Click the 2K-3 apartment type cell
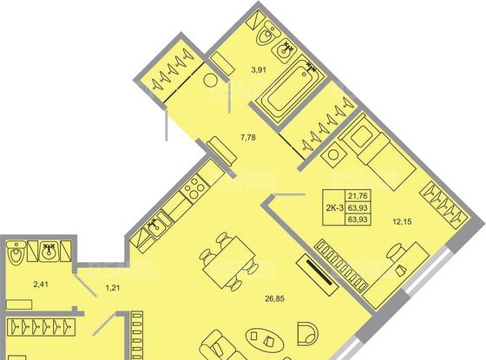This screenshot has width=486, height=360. (x=332, y=208)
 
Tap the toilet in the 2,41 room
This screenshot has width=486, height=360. (x=16, y=256)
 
